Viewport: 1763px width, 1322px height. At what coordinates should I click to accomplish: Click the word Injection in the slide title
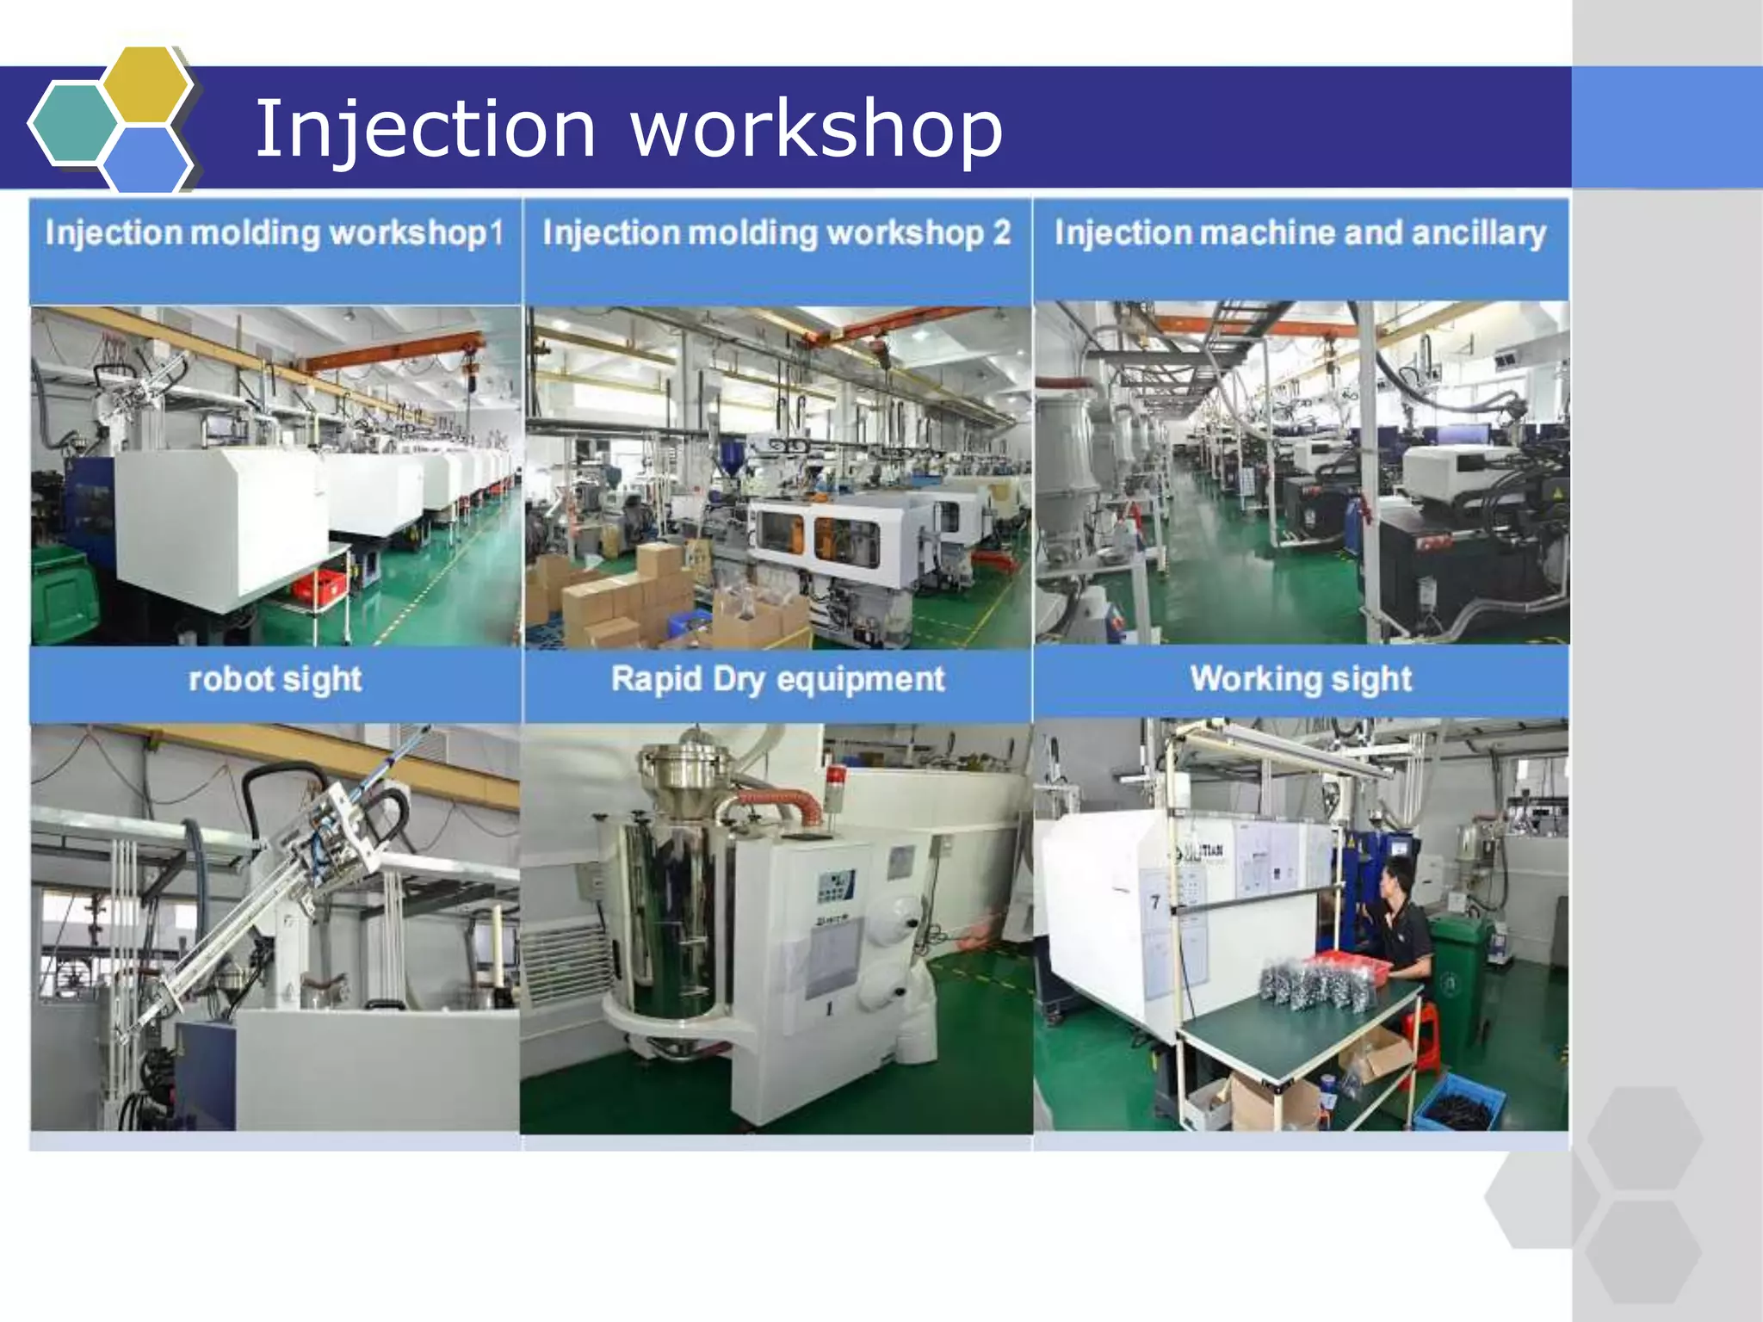pyautogui.click(x=425, y=129)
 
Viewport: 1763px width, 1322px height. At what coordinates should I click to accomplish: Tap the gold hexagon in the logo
pyautogui.click(x=146, y=84)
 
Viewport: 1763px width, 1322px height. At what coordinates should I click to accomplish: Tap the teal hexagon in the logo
pyautogui.click(x=74, y=123)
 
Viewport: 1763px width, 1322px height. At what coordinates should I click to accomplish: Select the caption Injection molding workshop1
pyautogui.click(x=274, y=233)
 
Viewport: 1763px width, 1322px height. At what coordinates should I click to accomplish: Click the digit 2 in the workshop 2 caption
pyautogui.click(x=1001, y=233)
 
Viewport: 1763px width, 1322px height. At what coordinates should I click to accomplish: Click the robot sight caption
pyautogui.click(x=275, y=679)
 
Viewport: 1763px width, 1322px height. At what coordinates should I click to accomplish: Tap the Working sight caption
pyautogui.click(x=1300, y=679)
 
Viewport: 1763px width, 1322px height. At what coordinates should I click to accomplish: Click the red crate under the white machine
pyautogui.click(x=319, y=584)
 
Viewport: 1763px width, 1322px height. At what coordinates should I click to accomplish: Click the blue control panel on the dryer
pyautogui.click(x=834, y=886)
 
